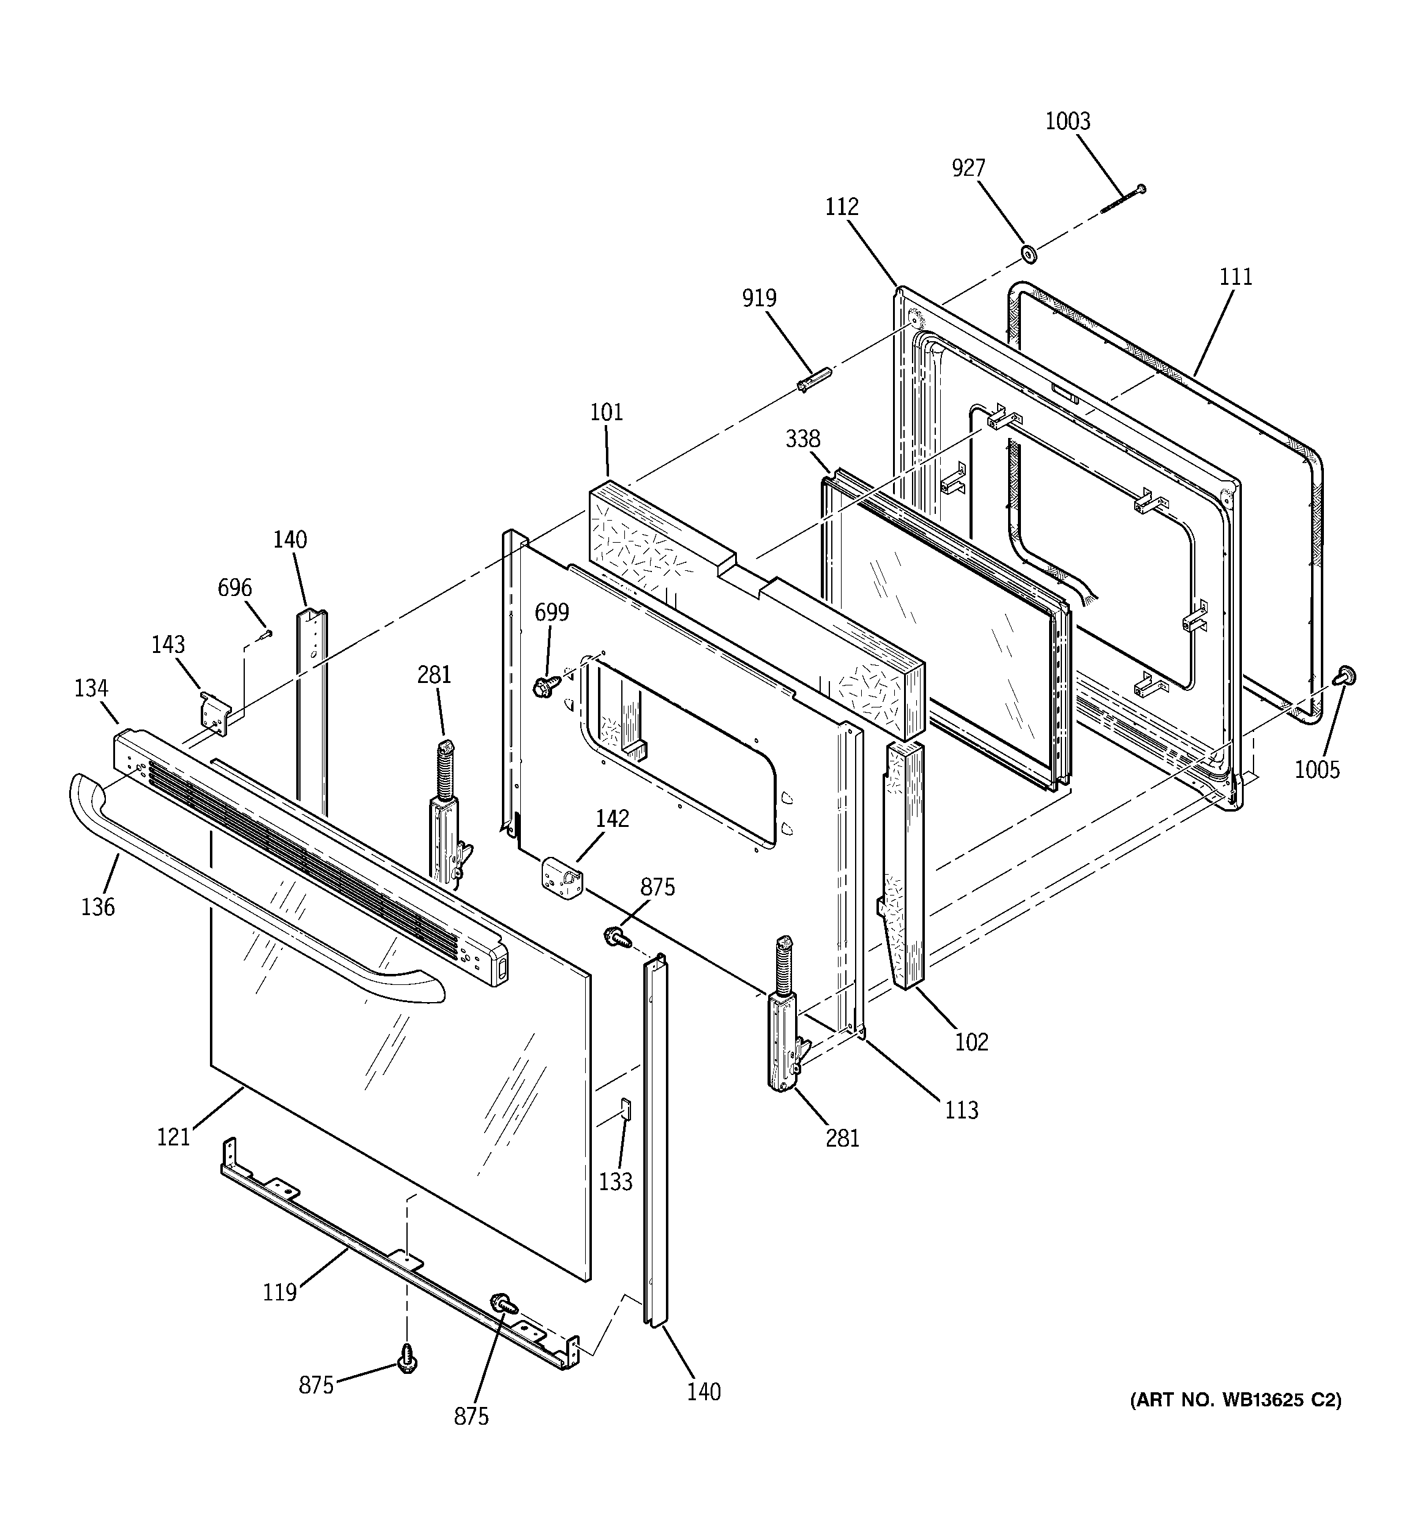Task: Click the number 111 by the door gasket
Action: click(1236, 277)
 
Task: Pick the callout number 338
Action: click(802, 439)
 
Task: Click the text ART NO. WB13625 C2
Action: click(1235, 1400)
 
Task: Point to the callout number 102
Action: click(971, 1042)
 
